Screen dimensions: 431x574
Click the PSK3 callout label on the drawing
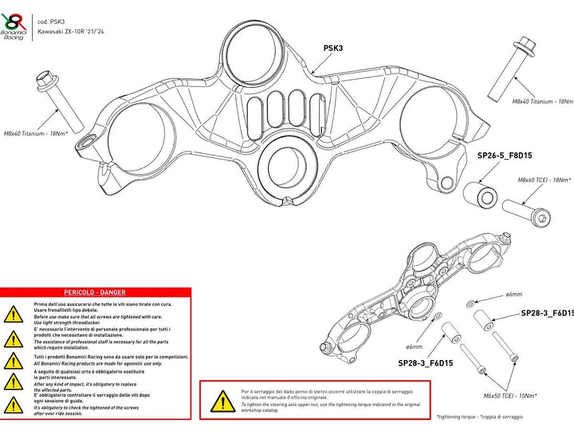333,48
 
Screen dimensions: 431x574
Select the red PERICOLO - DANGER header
96,294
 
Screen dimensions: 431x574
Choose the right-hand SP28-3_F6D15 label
546,314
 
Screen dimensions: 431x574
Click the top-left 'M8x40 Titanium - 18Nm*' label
35,133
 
